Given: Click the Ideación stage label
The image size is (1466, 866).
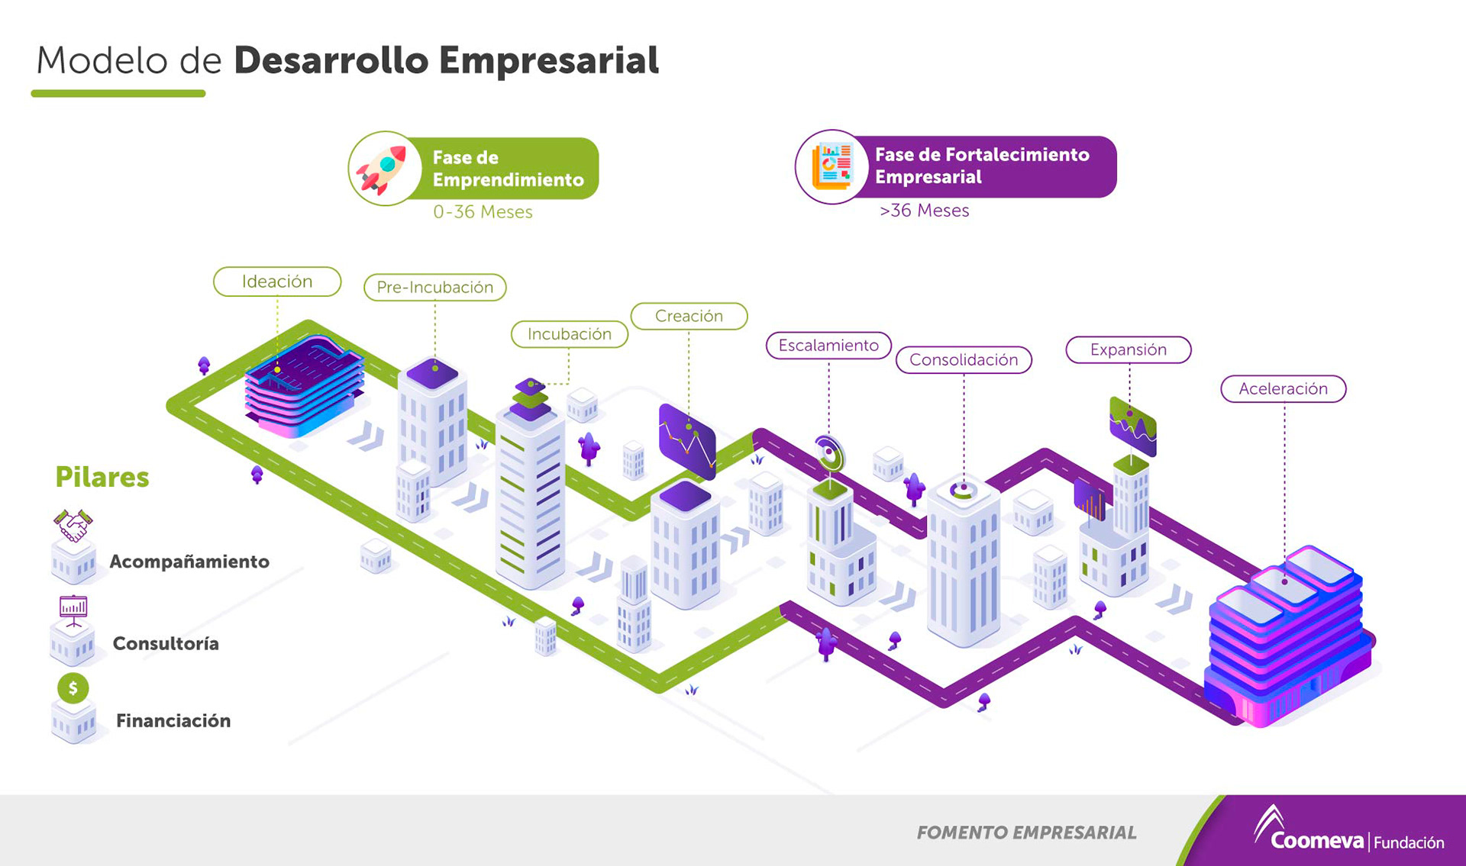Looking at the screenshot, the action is click(277, 282).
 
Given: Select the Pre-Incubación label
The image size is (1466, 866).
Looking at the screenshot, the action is click(434, 288).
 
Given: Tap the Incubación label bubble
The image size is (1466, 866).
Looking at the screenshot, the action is click(570, 334).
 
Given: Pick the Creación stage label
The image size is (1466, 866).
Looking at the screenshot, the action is click(689, 316).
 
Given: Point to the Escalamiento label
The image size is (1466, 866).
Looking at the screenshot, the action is click(828, 346).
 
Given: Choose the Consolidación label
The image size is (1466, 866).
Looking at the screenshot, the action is click(964, 359).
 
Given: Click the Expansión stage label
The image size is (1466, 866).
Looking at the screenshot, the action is click(1129, 349).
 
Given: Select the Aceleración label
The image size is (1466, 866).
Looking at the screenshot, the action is click(1283, 389).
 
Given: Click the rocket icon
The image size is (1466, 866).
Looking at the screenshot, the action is click(383, 169).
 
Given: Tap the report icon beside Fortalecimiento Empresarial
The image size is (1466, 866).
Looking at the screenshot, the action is click(831, 166).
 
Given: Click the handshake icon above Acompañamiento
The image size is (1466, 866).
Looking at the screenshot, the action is click(73, 525).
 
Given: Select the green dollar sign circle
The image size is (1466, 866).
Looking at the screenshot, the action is click(73, 688).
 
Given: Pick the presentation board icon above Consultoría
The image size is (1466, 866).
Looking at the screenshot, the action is click(73, 610).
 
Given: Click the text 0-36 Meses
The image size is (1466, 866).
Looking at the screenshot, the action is click(483, 212).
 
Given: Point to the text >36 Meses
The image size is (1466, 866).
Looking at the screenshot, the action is click(924, 211).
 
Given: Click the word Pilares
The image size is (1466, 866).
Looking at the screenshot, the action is click(102, 477).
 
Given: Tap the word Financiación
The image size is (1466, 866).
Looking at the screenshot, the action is click(173, 721).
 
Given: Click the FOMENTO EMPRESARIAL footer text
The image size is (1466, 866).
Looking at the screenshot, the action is click(1026, 832).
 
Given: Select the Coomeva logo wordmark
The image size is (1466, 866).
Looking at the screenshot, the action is click(1316, 840).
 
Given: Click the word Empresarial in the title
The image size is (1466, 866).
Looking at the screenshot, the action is click(548, 60).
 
